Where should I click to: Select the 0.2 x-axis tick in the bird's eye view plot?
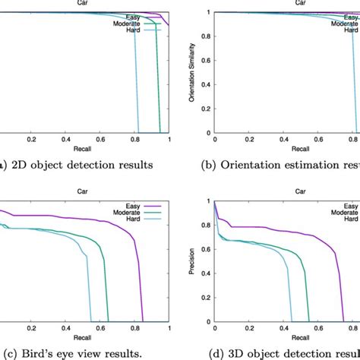(x=31, y=330)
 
